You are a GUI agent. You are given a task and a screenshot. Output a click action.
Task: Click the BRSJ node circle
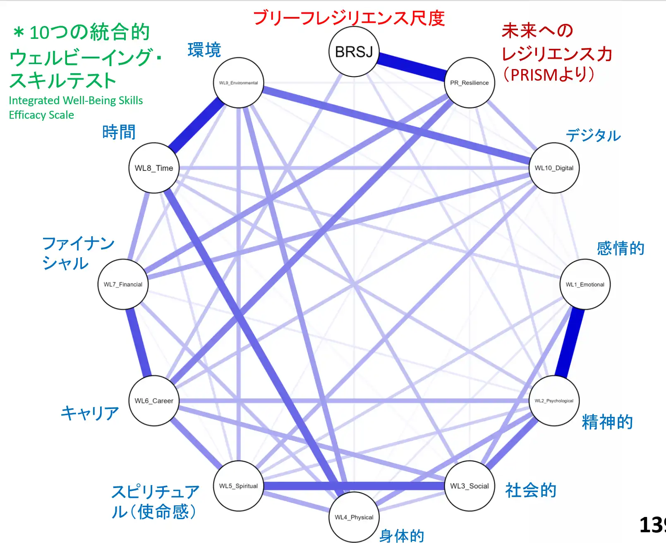point(354,52)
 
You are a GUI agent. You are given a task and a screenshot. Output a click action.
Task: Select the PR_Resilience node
point(469,83)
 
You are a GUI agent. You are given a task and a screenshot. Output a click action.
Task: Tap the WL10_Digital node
point(554,168)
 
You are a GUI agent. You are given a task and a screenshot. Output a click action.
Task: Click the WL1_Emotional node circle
point(585,285)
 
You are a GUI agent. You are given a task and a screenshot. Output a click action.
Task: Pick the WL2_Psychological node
point(554,401)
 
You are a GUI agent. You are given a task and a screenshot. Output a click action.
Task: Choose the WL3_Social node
point(469,486)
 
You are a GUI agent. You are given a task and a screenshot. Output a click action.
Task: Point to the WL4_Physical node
point(354,517)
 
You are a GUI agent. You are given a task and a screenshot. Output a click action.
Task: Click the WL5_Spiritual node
point(238,486)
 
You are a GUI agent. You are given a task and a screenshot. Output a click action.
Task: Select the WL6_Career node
point(154,401)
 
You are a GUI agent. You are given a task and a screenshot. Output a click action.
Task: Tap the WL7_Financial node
point(123,285)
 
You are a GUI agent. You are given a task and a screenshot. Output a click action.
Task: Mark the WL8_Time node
point(154,168)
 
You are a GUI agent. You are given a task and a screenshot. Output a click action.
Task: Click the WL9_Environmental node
point(238,83)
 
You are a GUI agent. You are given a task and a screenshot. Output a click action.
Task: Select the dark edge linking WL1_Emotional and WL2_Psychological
point(570,342)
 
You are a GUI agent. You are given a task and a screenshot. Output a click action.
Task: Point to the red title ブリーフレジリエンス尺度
point(349,18)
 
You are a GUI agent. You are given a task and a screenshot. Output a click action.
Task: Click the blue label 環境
point(204,50)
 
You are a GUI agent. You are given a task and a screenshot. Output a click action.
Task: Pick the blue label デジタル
point(593,135)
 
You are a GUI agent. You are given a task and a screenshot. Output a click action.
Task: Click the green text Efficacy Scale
point(41,115)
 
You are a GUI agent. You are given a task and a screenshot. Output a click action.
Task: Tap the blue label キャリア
point(90,413)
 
